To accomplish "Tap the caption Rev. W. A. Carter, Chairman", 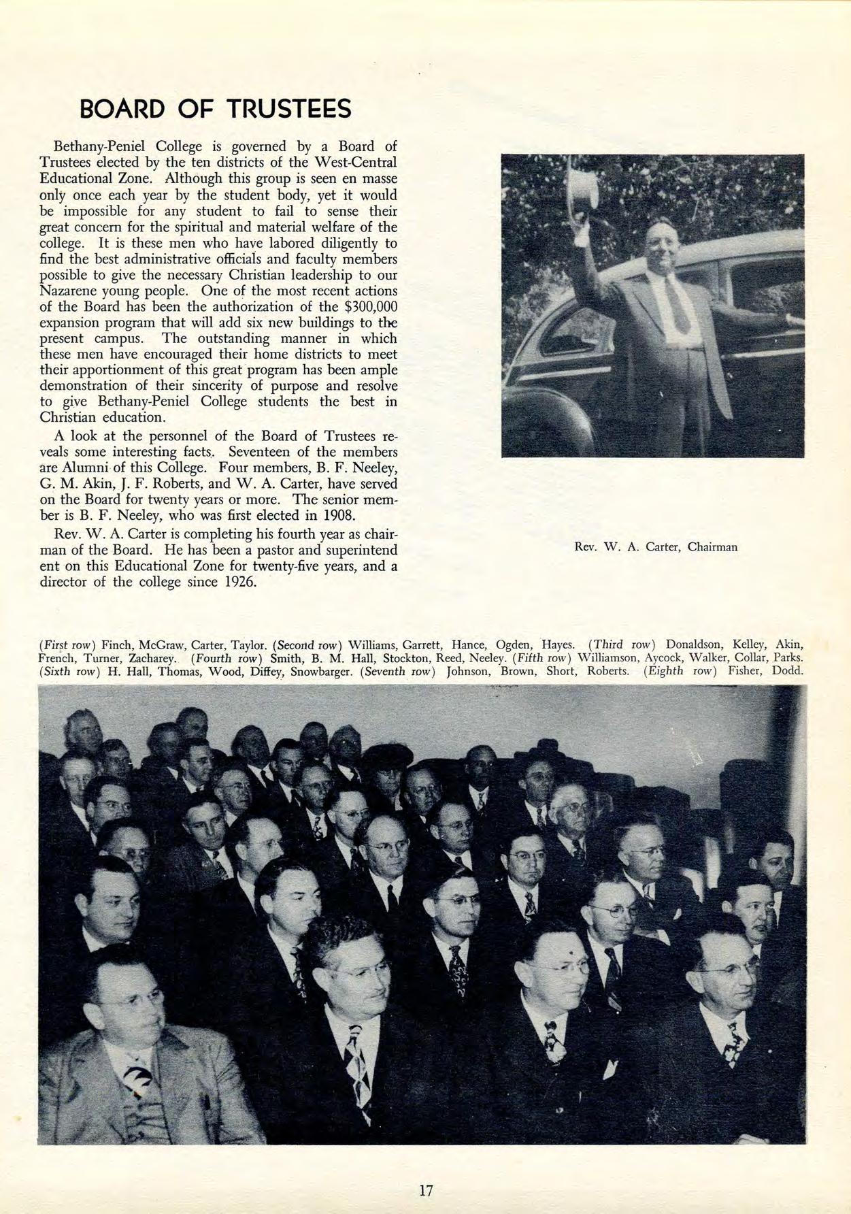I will click(x=656, y=546).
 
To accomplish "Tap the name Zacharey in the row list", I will click(x=155, y=658).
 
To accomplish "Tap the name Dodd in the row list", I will click(x=788, y=672).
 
